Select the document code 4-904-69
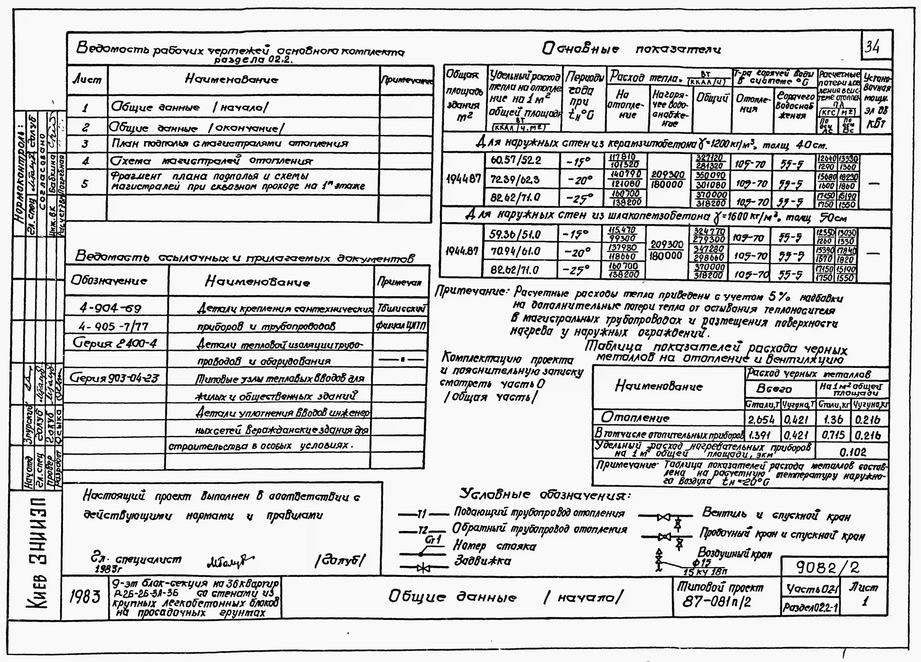[x=110, y=309]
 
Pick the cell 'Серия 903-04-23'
[x=115, y=378]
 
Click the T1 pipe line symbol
[x=422, y=515]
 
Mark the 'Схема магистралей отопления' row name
[x=211, y=161]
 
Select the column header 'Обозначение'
[x=109, y=280]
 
